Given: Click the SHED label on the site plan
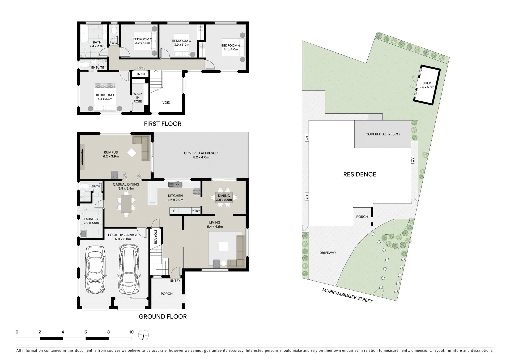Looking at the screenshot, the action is point(427,83).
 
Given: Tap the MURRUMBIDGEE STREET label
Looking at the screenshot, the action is point(347,295).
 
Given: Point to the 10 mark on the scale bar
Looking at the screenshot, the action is point(131,332).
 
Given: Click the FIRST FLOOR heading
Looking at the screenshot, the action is point(163,124).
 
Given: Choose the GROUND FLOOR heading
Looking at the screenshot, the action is point(163,316).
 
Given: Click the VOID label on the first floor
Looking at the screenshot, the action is point(166,102).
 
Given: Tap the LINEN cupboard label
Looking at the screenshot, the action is point(140,74).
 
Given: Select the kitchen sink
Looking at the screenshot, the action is point(175,184).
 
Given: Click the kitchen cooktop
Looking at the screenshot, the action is point(197,192).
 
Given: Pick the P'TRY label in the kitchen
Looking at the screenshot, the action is point(196,211).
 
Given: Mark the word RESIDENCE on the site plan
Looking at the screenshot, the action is point(360,174).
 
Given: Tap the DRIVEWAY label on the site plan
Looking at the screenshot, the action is point(328,253).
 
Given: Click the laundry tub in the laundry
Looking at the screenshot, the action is point(83,234).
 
